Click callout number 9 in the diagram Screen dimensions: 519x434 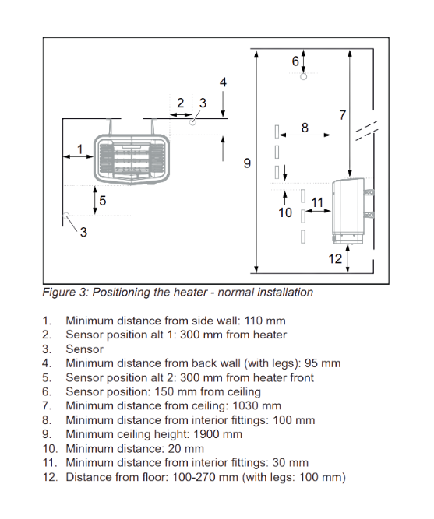click(x=247, y=163)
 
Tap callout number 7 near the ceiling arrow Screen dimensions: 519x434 click(x=342, y=115)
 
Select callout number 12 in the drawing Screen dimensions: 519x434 click(x=334, y=259)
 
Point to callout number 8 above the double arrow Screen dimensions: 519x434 click(x=304, y=127)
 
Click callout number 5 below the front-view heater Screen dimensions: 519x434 click(x=102, y=201)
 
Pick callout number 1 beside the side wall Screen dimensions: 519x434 click(x=79, y=148)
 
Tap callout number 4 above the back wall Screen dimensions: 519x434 click(x=223, y=82)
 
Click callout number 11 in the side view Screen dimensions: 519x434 click(x=316, y=203)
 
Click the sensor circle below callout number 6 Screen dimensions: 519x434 click(x=304, y=76)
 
